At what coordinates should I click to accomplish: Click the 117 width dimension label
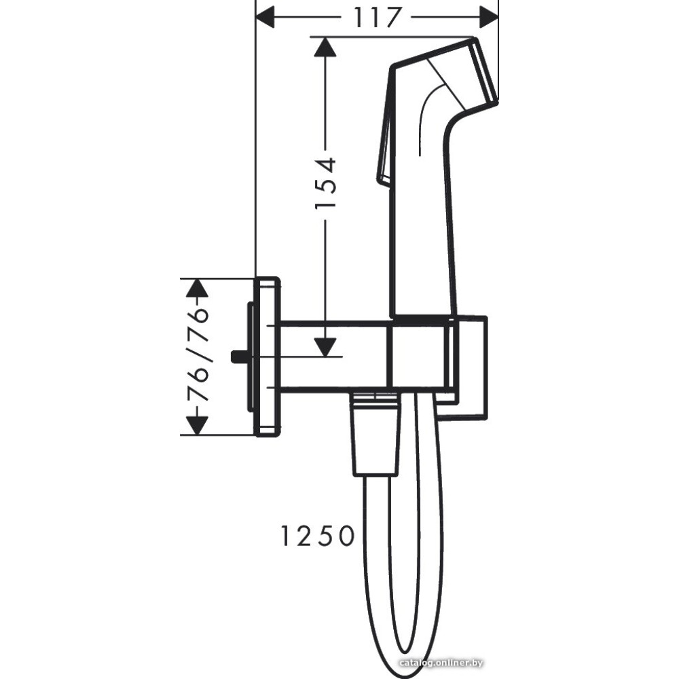[376, 18]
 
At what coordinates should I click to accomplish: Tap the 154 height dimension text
[326, 183]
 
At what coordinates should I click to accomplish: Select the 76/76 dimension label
[198, 355]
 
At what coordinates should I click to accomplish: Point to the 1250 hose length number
[317, 536]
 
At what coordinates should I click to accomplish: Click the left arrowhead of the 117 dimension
[265, 18]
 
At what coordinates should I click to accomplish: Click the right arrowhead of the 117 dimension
[489, 18]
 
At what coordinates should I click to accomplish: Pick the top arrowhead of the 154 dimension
[325, 47]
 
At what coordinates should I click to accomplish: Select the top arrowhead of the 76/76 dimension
[198, 287]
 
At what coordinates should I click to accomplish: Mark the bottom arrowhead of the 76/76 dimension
[198, 425]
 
